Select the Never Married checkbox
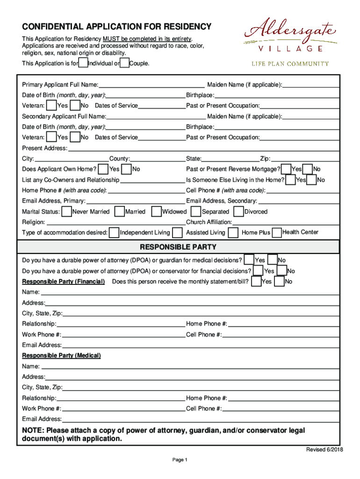[66, 212]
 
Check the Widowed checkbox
[157, 212]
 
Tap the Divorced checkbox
[238, 212]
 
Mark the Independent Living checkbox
[114, 232]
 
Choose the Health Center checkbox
[277, 232]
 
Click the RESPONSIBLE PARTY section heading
[178, 247]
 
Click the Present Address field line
[203, 148]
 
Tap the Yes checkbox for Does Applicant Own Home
[103, 169]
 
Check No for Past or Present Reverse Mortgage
[308, 169]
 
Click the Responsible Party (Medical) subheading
[61, 356]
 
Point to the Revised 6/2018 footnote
[324, 450]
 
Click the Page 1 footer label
[180, 460]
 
